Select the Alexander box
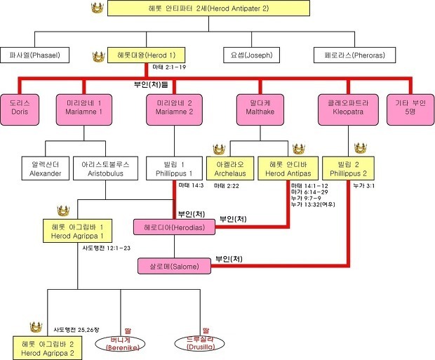(46, 168)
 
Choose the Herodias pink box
(175, 227)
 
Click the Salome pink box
(175, 267)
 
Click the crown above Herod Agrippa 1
(64, 211)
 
